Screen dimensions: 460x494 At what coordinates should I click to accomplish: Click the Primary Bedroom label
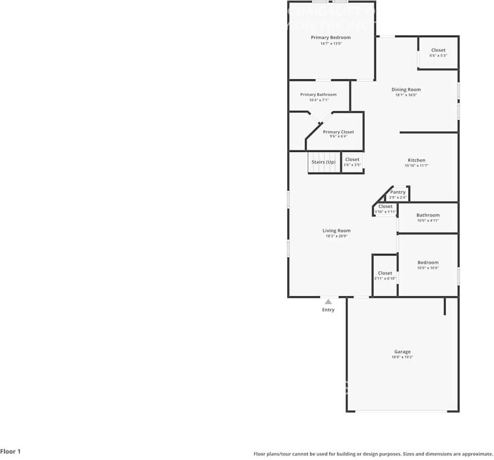pos(331,38)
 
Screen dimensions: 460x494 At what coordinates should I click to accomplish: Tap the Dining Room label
pos(406,90)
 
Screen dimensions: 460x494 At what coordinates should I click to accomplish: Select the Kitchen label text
pos(417,160)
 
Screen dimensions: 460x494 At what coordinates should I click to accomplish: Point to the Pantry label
pos(398,192)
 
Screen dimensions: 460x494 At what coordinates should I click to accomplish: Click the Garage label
pos(402,352)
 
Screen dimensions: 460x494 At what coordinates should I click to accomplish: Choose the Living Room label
pos(336,231)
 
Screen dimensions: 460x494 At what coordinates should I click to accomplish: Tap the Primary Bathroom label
pos(318,95)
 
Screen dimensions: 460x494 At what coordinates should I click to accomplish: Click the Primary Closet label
pos(338,132)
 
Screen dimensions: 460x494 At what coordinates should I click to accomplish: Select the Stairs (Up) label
pos(323,162)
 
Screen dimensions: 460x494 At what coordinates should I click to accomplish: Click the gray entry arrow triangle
pos(328,301)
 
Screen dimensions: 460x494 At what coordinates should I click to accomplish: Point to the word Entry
pos(328,310)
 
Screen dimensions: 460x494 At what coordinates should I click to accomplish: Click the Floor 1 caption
pos(11,451)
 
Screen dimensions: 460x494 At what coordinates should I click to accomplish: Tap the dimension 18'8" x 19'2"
pos(402,357)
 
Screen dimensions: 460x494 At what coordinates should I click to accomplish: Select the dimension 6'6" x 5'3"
pos(438,56)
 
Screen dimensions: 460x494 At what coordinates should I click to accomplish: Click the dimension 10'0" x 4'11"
pos(428,220)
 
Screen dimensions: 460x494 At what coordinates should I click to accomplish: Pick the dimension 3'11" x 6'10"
pos(385,279)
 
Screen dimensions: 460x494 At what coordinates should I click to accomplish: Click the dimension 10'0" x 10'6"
pos(428,268)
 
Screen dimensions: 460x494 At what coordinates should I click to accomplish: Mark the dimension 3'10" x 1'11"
pos(385,212)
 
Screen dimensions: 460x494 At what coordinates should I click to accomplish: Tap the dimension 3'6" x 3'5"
pos(352,165)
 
